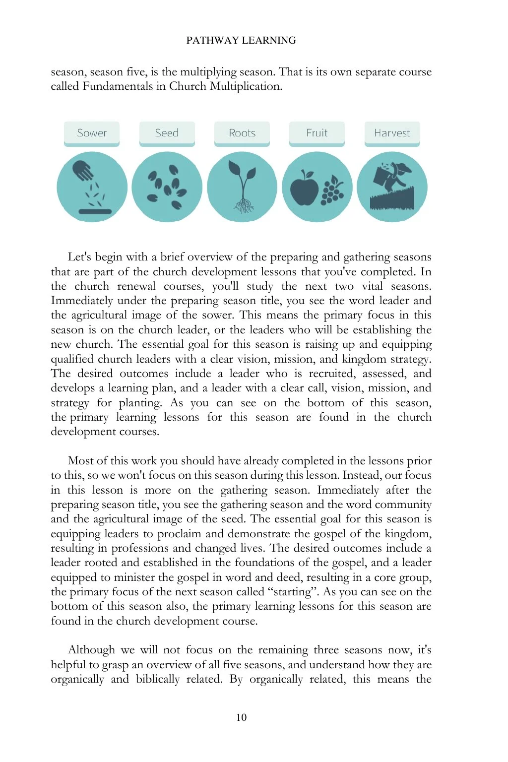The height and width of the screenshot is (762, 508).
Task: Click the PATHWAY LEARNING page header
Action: coord(241,40)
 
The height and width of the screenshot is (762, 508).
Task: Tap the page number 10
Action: coord(241,717)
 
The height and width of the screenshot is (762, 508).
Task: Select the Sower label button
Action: coord(92,133)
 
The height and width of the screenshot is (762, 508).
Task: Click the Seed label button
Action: coord(167,133)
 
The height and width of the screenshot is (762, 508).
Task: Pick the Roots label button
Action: coord(242,133)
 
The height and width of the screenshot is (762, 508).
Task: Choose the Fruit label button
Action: coord(317,133)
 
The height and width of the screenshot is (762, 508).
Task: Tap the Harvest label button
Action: coord(392,133)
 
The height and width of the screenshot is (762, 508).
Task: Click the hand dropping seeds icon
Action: coord(92,187)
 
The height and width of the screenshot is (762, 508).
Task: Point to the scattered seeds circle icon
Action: coord(167,187)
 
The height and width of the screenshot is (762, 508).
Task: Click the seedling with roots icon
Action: coord(242,187)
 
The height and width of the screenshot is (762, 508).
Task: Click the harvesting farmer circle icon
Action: coord(392,187)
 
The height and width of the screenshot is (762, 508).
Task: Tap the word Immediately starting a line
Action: coord(82,301)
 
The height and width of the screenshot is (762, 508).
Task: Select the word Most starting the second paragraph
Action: coord(79,461)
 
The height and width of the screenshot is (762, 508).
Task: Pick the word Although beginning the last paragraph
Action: coord(91,650)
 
